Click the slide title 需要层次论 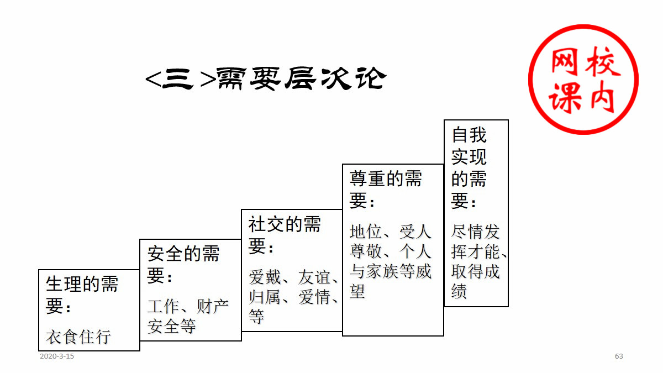click(265, 79)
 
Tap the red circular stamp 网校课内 click(583, 79)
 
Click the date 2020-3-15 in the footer click(57, 356)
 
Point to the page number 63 click(619, 356)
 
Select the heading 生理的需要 click(82, 295)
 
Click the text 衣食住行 click(78, 337)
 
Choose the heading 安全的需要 click(183, 264)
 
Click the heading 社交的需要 click(285, 235)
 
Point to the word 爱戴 click(265, 276)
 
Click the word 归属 click(265, 297)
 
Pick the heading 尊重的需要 click(386, 189)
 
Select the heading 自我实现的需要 click(469, 167)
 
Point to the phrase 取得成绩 click(475, 281)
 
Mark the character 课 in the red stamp click(564, 99)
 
